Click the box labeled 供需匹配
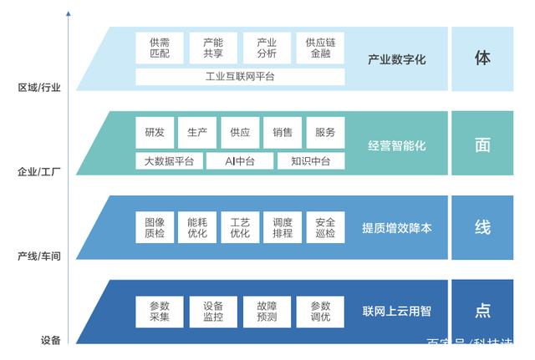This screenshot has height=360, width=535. (160, 48)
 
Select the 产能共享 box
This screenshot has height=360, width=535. (213, 48)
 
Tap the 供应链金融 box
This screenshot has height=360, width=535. (320, 48)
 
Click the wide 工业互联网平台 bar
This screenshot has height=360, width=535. (240, 77)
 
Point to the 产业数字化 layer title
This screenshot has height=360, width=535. (397, 59)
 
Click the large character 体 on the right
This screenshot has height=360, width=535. (482, 58)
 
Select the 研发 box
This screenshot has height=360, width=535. (155, 132)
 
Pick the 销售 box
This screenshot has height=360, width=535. (283, 132)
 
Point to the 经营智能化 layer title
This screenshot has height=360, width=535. (397, 145)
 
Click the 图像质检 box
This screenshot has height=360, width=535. (155, 228)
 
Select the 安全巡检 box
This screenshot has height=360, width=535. (325, 228)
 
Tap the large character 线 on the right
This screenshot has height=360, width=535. (482, 227)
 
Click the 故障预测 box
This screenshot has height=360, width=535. (267, 312)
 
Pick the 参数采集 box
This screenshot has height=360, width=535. (160, 312)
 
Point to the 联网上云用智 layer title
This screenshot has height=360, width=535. (397, 312)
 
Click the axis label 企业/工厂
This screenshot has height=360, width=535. (39, 172)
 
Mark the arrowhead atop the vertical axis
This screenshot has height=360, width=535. (68, 14)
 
